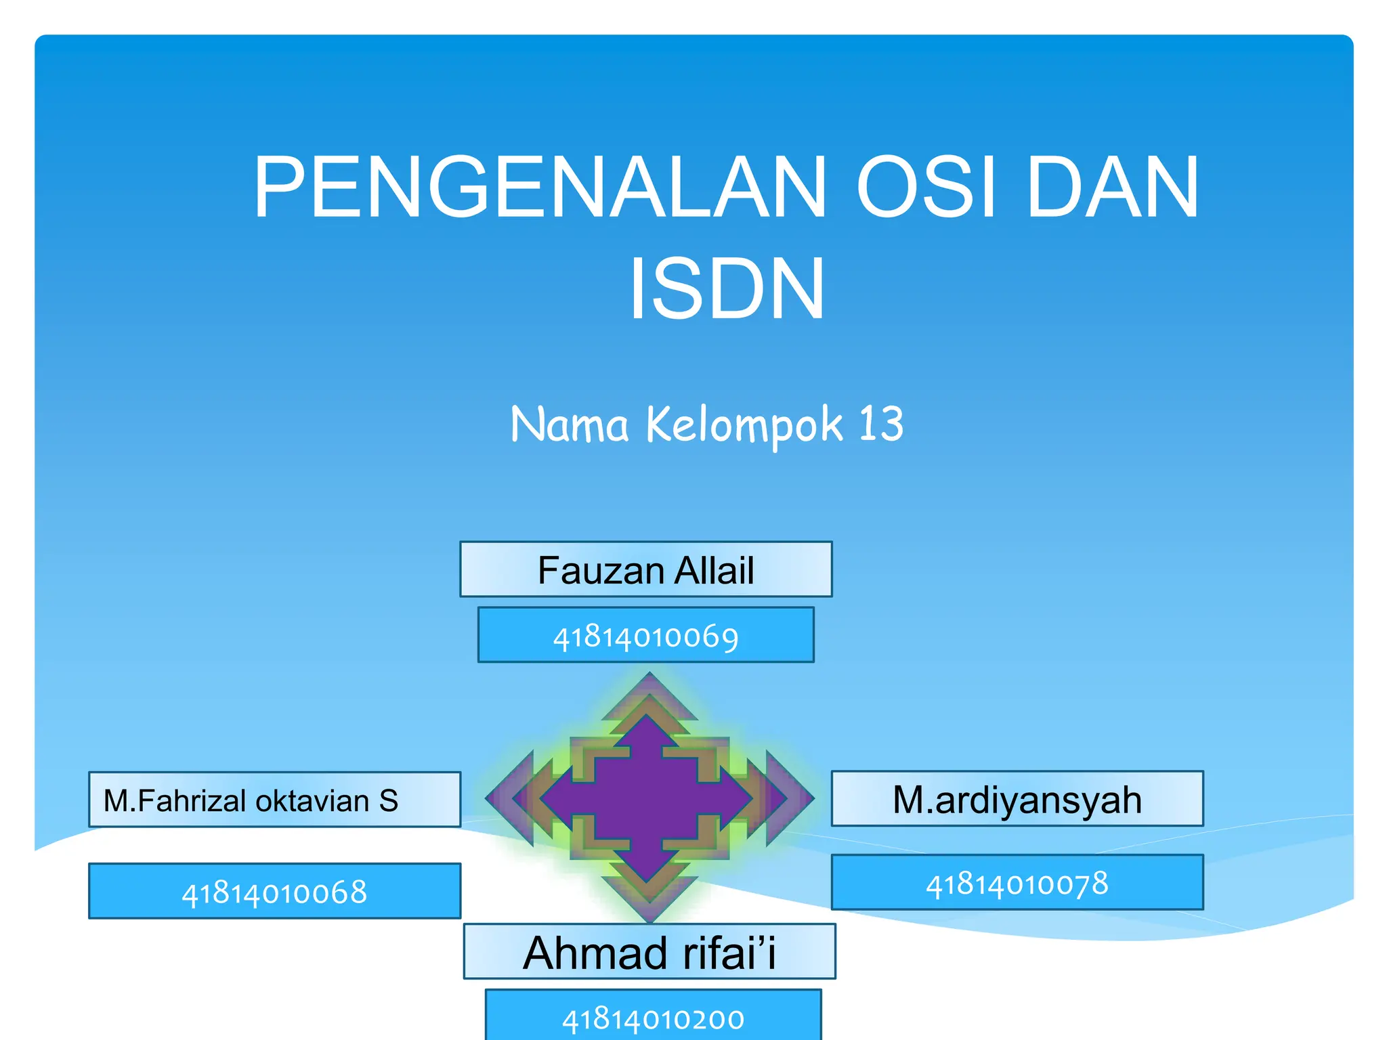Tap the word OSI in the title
926,188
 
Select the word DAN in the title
1113,188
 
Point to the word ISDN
727,290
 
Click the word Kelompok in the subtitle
744,425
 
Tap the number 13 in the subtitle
881,425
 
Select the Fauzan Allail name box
645,569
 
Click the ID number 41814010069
645,636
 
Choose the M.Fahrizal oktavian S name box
274,800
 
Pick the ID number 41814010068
274,892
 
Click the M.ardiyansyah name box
1017,799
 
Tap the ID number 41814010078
1017,883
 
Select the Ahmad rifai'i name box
649,952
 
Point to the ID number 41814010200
653,1018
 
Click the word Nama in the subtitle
570,425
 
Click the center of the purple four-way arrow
648,799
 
